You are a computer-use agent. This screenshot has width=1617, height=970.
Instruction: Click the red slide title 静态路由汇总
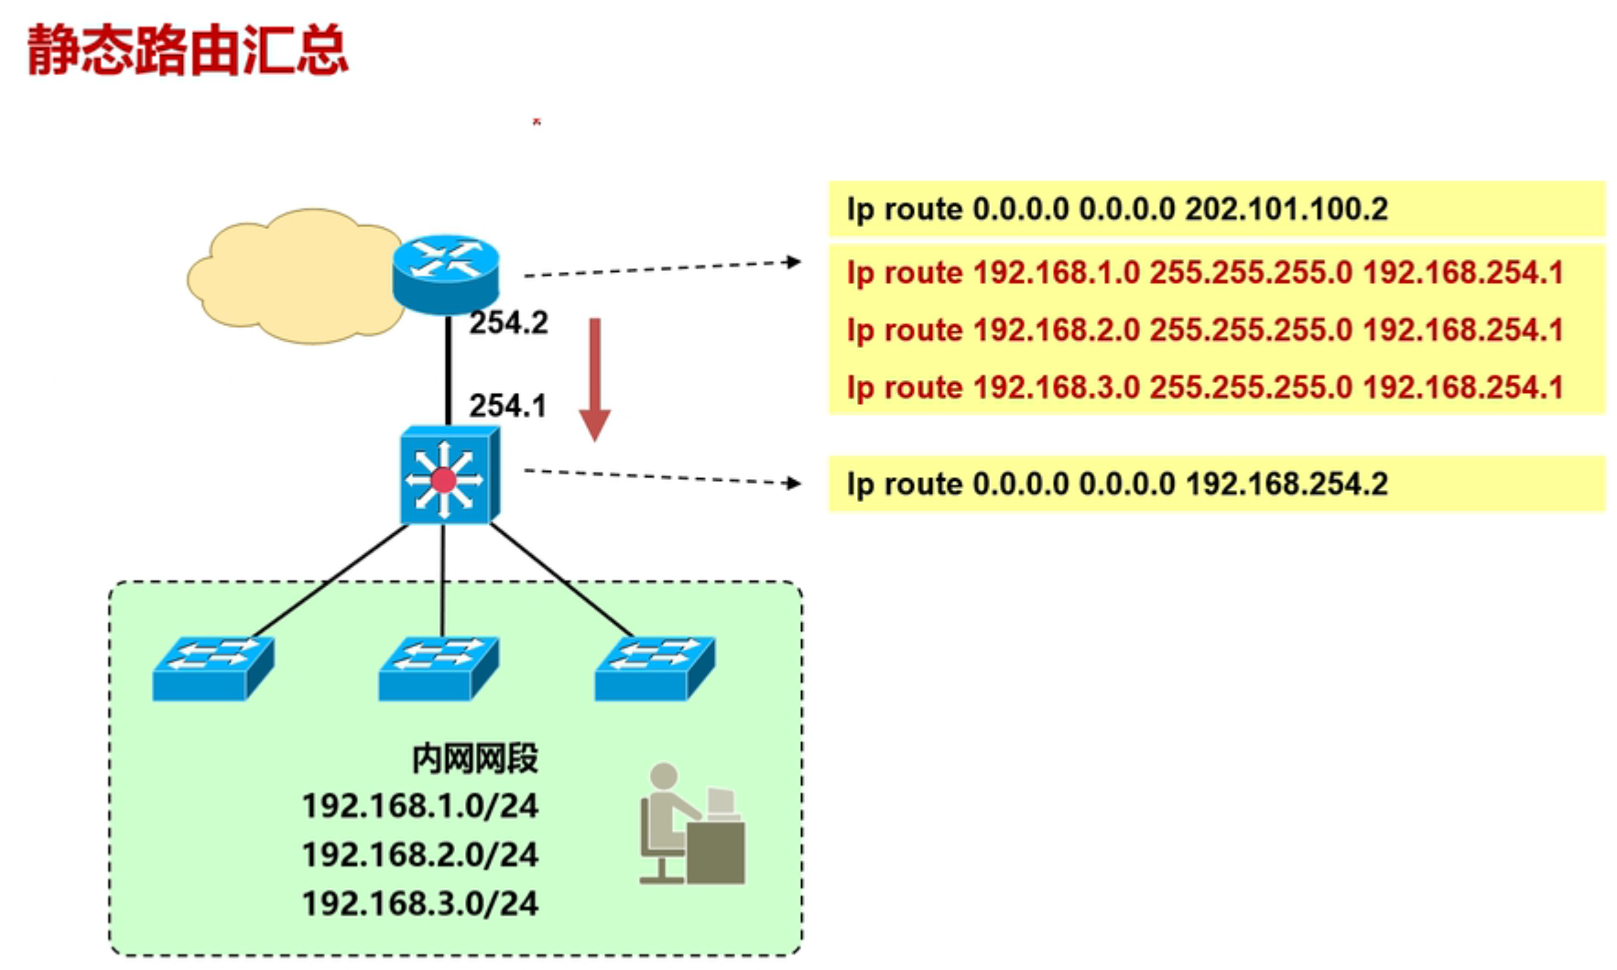coord(188,50)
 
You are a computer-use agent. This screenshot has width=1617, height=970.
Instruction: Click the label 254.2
coord(508,323)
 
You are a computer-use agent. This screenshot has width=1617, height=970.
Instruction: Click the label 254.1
coord(507,406)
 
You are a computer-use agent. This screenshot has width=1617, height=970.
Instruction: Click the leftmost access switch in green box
coord(212,669)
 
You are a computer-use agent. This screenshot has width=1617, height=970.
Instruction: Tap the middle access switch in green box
coord(439,669)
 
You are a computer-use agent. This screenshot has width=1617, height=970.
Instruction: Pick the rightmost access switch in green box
coord(655,669)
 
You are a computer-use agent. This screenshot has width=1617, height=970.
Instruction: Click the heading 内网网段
coord(473,758)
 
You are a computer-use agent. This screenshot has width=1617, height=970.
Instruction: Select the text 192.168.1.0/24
coord(420,806)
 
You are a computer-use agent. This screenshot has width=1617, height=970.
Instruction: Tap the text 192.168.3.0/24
coord(420,904)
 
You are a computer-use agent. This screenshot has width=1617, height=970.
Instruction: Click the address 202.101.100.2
coord(1286,210)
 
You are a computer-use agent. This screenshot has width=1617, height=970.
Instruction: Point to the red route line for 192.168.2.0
coord(1204,330)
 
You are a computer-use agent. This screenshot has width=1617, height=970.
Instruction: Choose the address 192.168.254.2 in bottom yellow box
coord(1286,484)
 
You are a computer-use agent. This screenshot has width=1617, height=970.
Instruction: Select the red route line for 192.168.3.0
coord(1204,387)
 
